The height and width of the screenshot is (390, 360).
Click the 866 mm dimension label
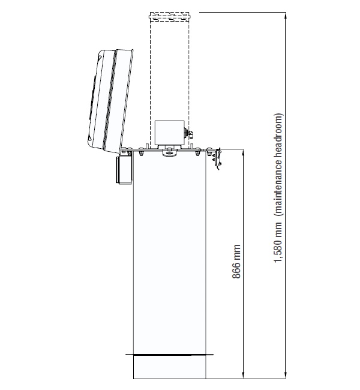236,262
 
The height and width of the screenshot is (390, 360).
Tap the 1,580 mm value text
278,242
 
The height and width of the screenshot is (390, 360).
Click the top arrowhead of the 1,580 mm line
286,16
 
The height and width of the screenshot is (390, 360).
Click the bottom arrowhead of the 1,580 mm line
286,374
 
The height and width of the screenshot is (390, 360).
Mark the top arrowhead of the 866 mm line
243,153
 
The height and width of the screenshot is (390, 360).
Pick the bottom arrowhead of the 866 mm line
243,374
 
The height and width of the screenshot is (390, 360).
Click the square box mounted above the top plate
169,133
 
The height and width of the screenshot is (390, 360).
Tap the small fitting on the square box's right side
188,133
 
